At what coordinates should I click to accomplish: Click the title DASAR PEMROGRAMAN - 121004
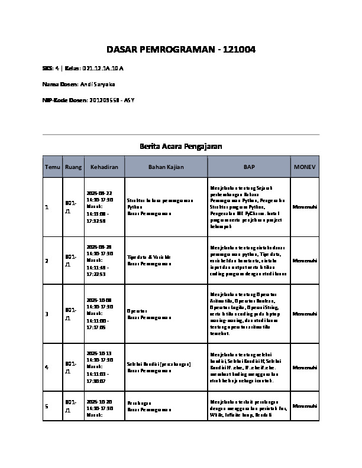point(181,49)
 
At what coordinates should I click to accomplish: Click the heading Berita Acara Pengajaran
point(181,145)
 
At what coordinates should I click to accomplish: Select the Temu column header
point(53,167)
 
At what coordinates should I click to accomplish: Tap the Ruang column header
point(73,167)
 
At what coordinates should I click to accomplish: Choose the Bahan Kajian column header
point(166,167)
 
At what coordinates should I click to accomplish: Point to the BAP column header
point(249,167)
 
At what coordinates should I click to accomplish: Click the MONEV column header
point(305,167)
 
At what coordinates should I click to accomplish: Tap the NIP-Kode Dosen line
point(88,100)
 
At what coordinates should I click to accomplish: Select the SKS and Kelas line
point(83,69)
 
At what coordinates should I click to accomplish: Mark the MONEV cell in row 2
point(305,260)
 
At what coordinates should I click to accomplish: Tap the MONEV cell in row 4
point(305,367)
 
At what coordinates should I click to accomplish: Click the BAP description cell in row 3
point(248,313)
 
